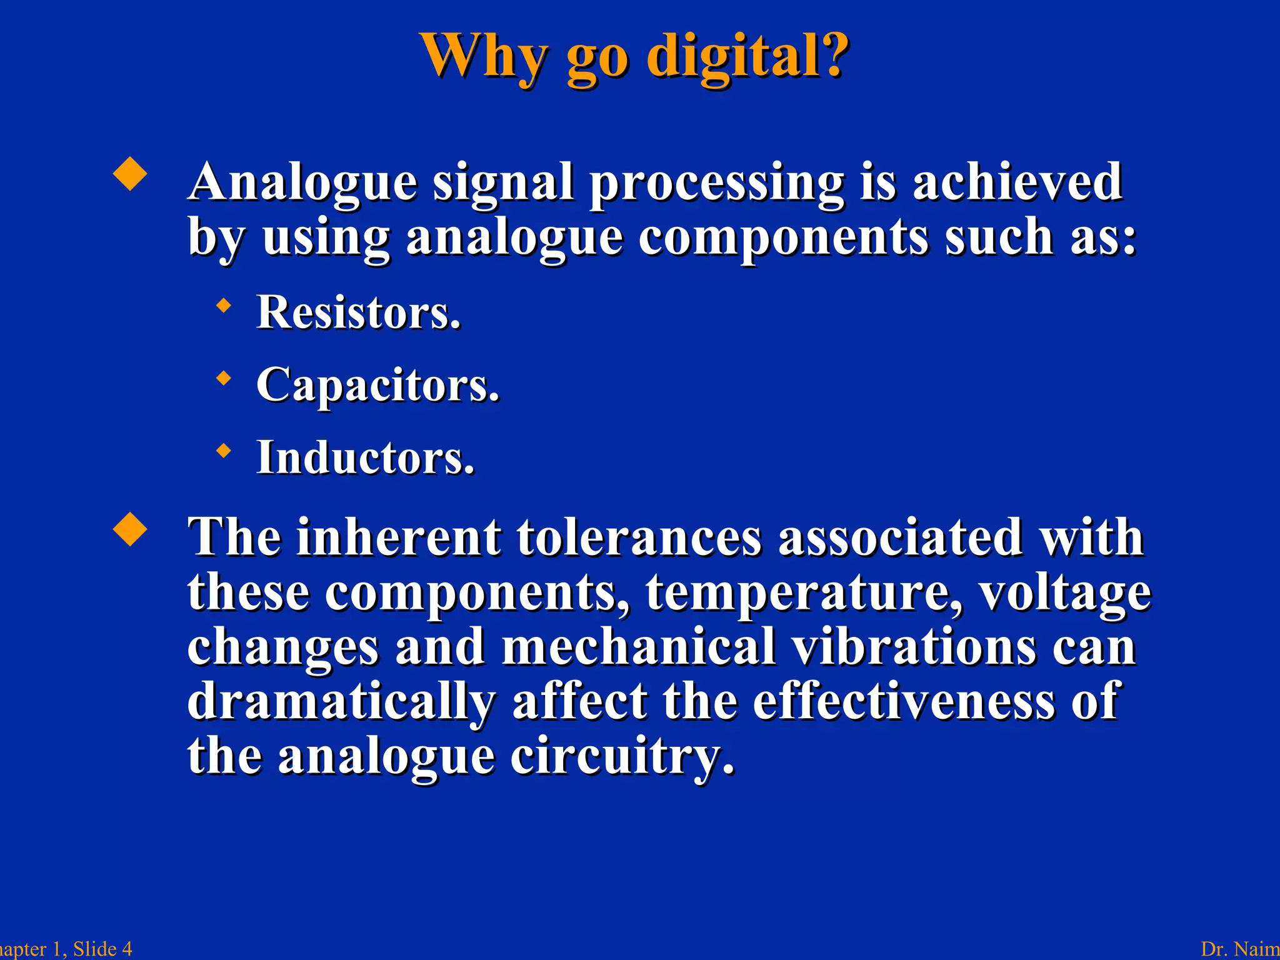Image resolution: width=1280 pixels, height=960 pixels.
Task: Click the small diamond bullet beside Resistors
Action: tap(223, 306)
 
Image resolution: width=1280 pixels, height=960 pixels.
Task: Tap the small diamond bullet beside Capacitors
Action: tap(223, 378)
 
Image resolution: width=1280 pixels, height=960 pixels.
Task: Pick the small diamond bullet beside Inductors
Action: tap(223, 451)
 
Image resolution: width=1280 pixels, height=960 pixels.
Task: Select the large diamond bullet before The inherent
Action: tap(130, 529)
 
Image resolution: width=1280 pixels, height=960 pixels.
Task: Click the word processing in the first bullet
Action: tap(716, 183)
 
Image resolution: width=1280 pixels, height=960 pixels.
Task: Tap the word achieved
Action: tap(1017, 182)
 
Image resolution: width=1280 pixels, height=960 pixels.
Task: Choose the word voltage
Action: tap(1064, 592)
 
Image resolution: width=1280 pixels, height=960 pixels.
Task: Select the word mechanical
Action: tap(639, 646)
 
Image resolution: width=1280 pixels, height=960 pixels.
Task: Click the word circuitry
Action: tap(622, 756)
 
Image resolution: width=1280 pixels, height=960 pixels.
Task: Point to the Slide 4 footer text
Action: tap(102, 949)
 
